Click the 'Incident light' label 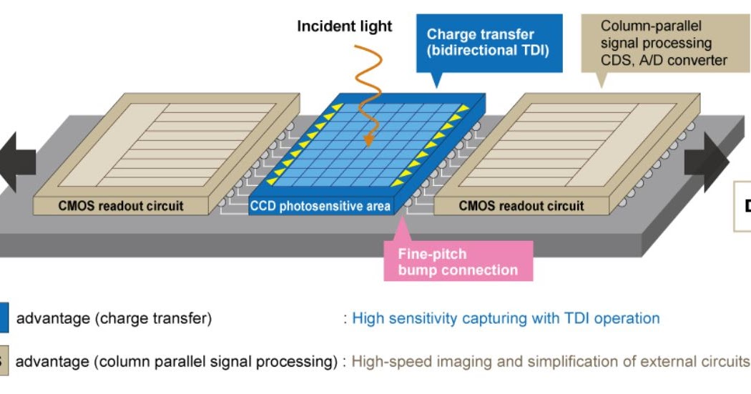tap(345, 26)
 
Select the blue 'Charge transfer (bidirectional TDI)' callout tap(487, 42)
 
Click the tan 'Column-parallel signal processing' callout tap(663, 43)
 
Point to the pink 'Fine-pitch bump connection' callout tap(458, 261)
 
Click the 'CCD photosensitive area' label tap(320, 207)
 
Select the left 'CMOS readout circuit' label tap(121, 206)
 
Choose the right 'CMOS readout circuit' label tap(521, 206)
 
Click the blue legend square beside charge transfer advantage tap(4, 318)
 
